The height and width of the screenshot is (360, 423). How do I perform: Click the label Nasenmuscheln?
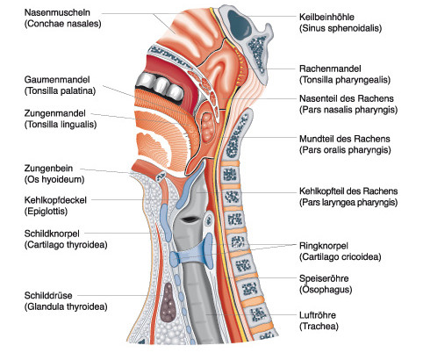tap(57, 12)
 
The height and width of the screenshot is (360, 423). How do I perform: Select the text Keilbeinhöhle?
tap(326, 17)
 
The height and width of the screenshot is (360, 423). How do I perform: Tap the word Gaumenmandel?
tap(57, 80)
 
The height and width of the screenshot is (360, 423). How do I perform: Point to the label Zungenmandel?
tap(55, 113)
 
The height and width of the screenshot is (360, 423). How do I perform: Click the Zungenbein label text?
tap(48, 169)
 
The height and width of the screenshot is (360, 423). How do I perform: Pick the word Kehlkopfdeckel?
tap(55, 200)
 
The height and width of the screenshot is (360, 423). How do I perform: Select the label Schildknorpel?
tap(52, 234)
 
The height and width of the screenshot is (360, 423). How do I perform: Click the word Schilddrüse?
tap(48, 295)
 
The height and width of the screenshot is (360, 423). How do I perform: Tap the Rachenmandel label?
tap(330, 68)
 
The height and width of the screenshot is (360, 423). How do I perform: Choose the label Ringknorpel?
tap(324, 246)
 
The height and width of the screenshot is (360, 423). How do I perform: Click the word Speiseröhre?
tap(324, 278)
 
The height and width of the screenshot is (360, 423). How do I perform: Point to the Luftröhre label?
tap(318, 315)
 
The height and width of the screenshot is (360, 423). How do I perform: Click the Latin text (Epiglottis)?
tap(46, 212)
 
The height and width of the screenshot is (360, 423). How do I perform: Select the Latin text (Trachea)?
tap(319, 327)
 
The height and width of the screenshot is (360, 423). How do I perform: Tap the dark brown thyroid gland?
tap(168, 302)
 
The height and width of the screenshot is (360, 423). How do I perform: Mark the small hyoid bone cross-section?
tap(161, 176)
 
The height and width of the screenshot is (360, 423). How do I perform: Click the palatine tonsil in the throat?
tap(207, 127)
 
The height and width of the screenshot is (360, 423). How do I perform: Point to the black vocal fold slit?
tap(189, 219)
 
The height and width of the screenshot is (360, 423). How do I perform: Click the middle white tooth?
tap(161, 85)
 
